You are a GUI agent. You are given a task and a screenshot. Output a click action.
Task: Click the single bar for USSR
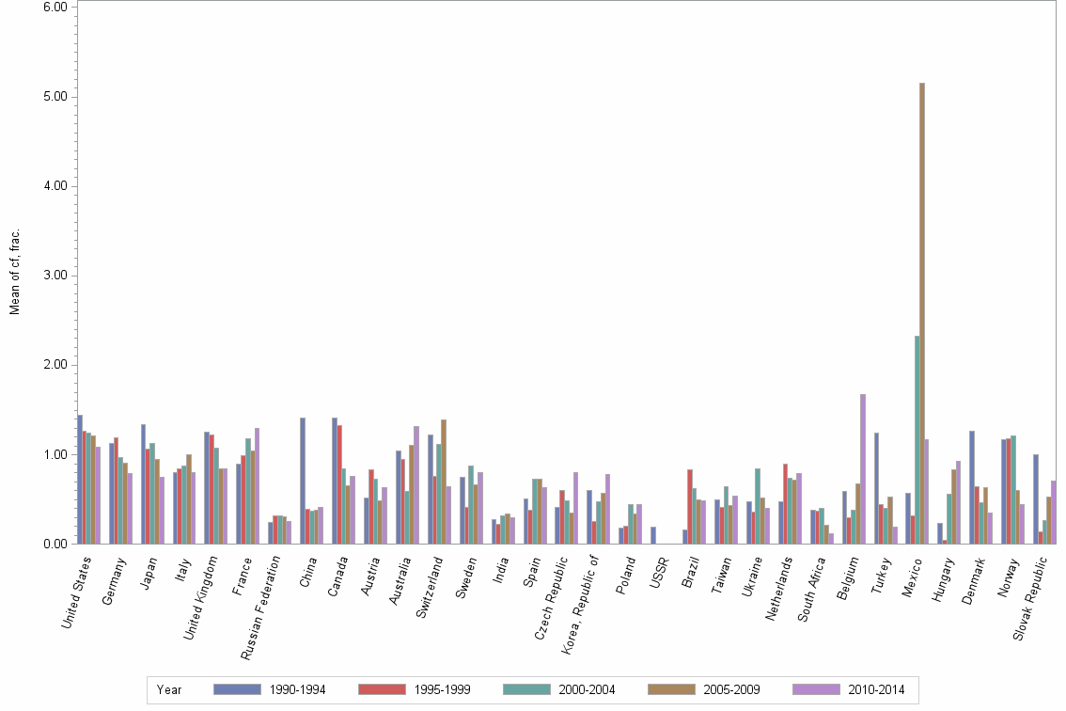[653, 535]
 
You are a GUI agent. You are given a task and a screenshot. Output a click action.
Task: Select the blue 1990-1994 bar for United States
[80, 479]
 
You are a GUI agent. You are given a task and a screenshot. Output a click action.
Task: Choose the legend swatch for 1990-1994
[237, 689]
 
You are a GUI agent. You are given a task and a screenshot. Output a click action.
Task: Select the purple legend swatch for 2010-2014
[816, 689]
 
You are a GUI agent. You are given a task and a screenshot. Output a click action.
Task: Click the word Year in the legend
[169, 690]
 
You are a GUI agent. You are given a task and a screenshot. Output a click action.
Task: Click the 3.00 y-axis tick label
[55, 276]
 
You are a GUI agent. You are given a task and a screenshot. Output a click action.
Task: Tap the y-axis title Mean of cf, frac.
[14, 272]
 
